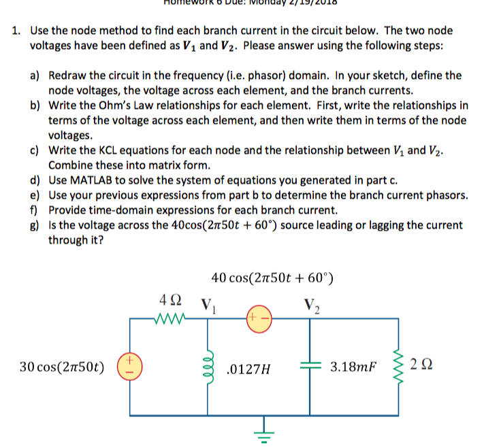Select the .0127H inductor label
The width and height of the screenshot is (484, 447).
(x=248, y=369)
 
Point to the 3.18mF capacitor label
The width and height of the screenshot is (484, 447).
(x=353, y=368)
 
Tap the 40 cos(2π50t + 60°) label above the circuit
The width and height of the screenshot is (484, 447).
(x=272, y=277)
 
